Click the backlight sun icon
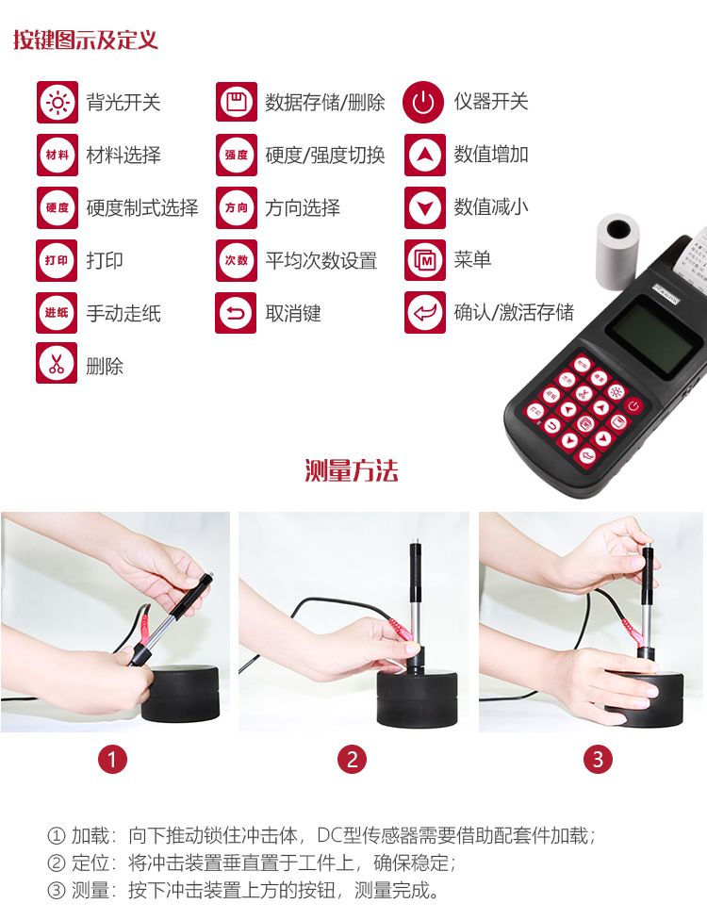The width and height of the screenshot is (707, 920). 58,103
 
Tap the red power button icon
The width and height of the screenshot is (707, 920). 423,102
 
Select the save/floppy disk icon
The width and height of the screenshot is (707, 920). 237,102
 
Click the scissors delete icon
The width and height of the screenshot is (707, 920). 57,363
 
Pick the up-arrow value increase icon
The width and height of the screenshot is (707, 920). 425,155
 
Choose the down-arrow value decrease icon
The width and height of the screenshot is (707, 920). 425,207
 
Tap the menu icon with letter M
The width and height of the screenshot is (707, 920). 425,260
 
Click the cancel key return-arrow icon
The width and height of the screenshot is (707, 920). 236,313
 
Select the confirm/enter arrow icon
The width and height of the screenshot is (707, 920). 425,313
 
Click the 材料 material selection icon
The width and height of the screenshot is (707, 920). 58,155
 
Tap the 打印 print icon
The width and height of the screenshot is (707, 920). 57,260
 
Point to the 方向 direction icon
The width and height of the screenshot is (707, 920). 237,207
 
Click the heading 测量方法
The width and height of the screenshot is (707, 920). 352,470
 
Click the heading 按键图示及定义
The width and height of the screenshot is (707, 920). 86,40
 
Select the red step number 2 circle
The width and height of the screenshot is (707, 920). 352,759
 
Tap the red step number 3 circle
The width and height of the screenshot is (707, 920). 598,759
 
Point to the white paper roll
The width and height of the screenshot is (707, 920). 617,251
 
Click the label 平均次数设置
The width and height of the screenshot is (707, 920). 321,260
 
